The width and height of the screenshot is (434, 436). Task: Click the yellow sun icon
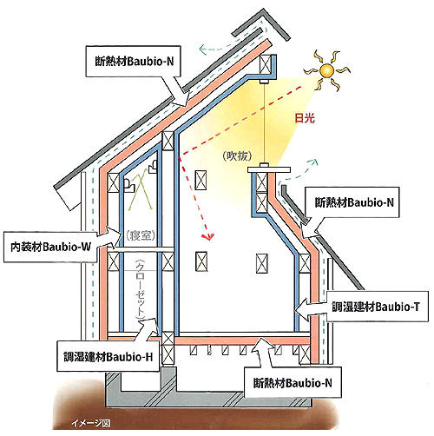pyautogui.click(x=327, y=70)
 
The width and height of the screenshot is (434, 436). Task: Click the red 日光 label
pyautogui.click(x=305, y=118)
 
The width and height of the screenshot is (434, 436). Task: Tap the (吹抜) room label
pyautogui.click(x=237, y=156)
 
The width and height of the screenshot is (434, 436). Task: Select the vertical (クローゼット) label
pyautogui.click(x=141, y=289)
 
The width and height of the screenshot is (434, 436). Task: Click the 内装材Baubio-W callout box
pyautogui.click(x=50, y=247)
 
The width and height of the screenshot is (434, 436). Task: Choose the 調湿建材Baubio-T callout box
pyautogui.click(x=377, y=307)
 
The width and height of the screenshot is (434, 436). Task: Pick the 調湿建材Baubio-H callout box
pyautogui.click(x=108, y=356)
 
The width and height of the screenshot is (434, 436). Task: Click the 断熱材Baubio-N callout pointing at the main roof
pyautogui.click(x=134, y=61)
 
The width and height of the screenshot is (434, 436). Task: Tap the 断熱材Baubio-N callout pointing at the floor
pyautogui.click(x=293, y=383)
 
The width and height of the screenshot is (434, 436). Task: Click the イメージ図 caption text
pyautogui.click(x=90, y=424)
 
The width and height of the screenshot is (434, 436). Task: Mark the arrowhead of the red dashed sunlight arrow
pyautogui.click(x=209, y=237)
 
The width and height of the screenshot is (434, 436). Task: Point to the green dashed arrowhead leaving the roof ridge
pyautogui.click(x=203, y=50)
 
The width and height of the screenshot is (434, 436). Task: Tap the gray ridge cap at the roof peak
pyautogui.click(x=261, y=25)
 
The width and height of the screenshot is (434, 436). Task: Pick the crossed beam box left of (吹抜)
pyautogui.click(x=201, y=180)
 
